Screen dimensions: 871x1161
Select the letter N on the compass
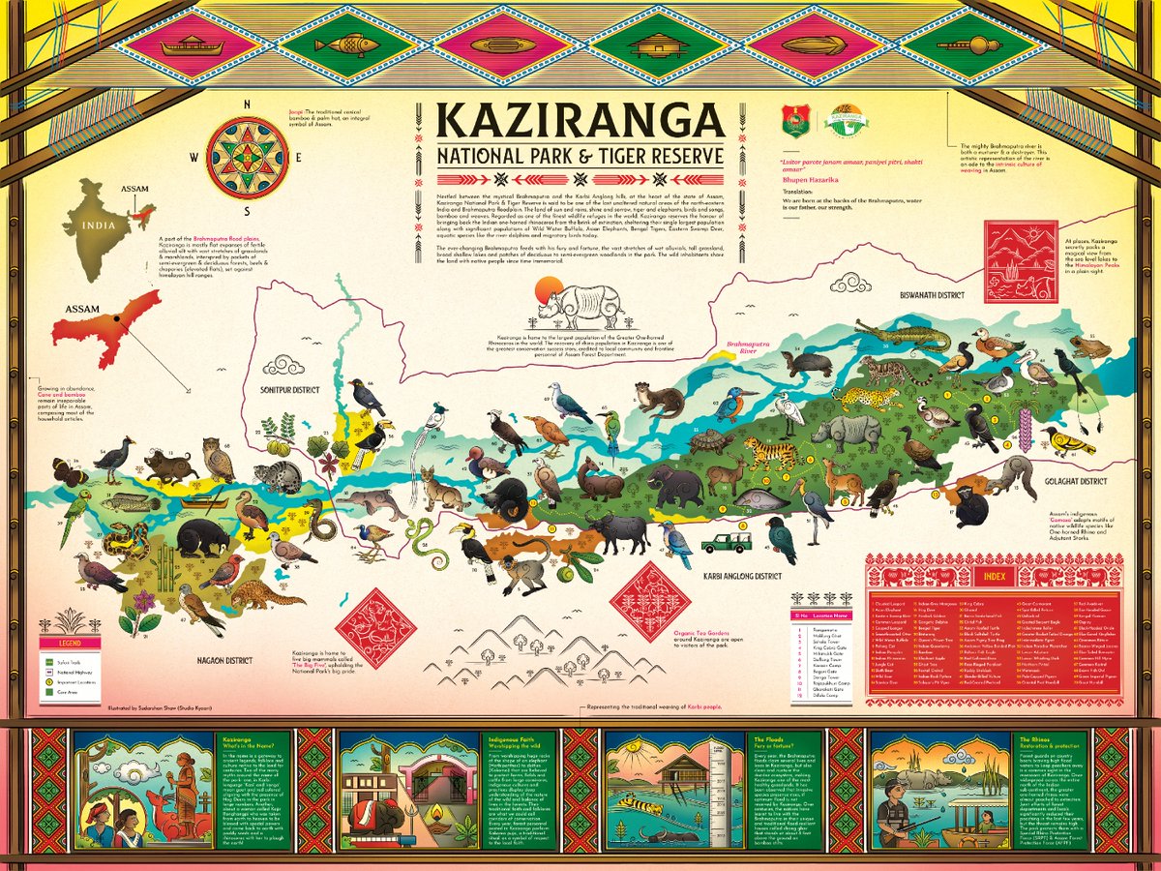coord(249,106)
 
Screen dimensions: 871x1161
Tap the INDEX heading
coord(993,577)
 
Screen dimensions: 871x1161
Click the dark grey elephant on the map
coord(675,483)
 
